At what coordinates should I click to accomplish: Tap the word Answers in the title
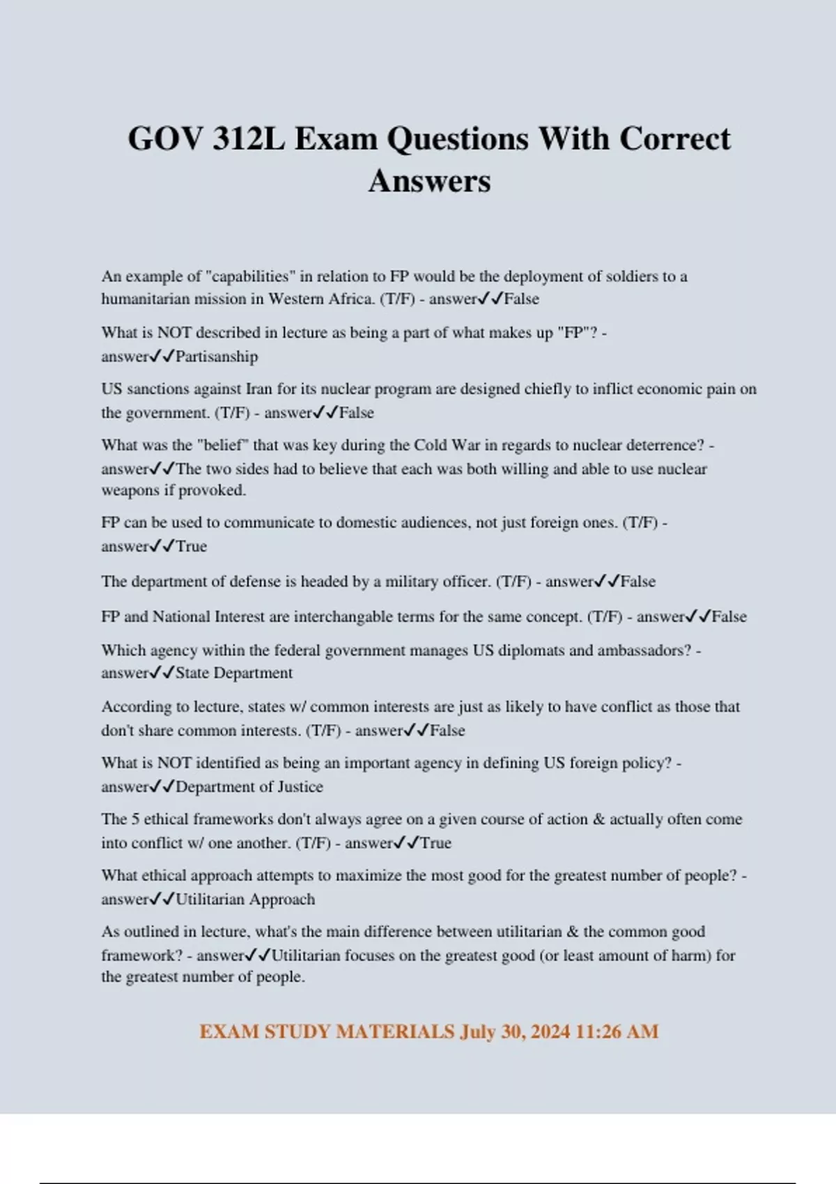point(429,181)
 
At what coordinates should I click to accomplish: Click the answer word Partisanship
point(217,357)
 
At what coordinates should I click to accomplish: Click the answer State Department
point(234,673)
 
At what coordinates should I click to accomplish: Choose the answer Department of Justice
point(249,787)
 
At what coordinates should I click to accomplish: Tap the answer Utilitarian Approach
point(245,899)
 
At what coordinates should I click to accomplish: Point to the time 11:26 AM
point(617,1031)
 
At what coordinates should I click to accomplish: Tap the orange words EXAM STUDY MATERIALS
point(327,1031)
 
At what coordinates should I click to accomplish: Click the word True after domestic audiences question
point(192,547)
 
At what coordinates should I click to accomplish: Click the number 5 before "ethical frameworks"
point(135,819)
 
